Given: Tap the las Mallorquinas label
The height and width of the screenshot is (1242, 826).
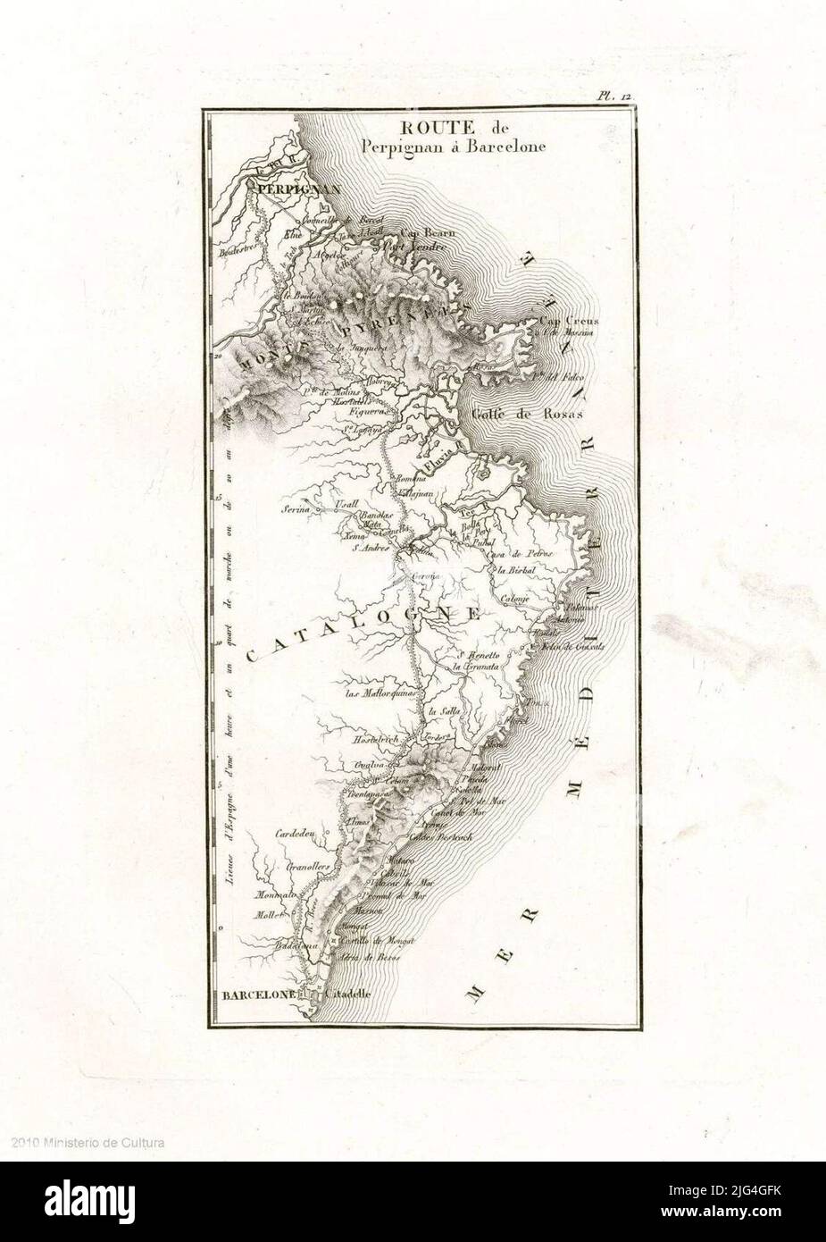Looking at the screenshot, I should click(x=380, y=692).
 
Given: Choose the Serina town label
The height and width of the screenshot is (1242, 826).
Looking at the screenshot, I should click(x=301, y=508).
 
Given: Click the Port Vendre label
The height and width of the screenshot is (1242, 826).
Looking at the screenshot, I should click(x=413, y=247).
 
